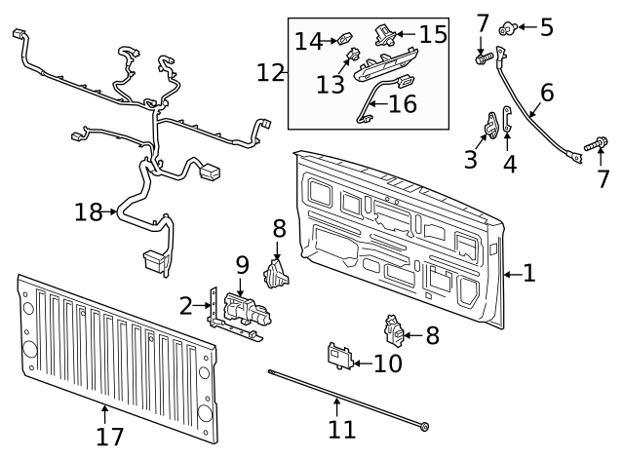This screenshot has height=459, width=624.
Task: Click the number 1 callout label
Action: coord(529,274)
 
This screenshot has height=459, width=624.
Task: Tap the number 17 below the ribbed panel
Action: coord(110,436)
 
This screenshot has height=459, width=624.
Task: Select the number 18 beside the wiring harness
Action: coord(89,211)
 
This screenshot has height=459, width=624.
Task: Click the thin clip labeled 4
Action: coord(508,122)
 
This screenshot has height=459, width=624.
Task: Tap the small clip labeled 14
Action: coord(345,40)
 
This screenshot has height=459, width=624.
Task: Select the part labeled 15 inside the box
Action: coord(381,33)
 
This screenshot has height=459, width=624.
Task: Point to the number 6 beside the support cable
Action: coord(548,94)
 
